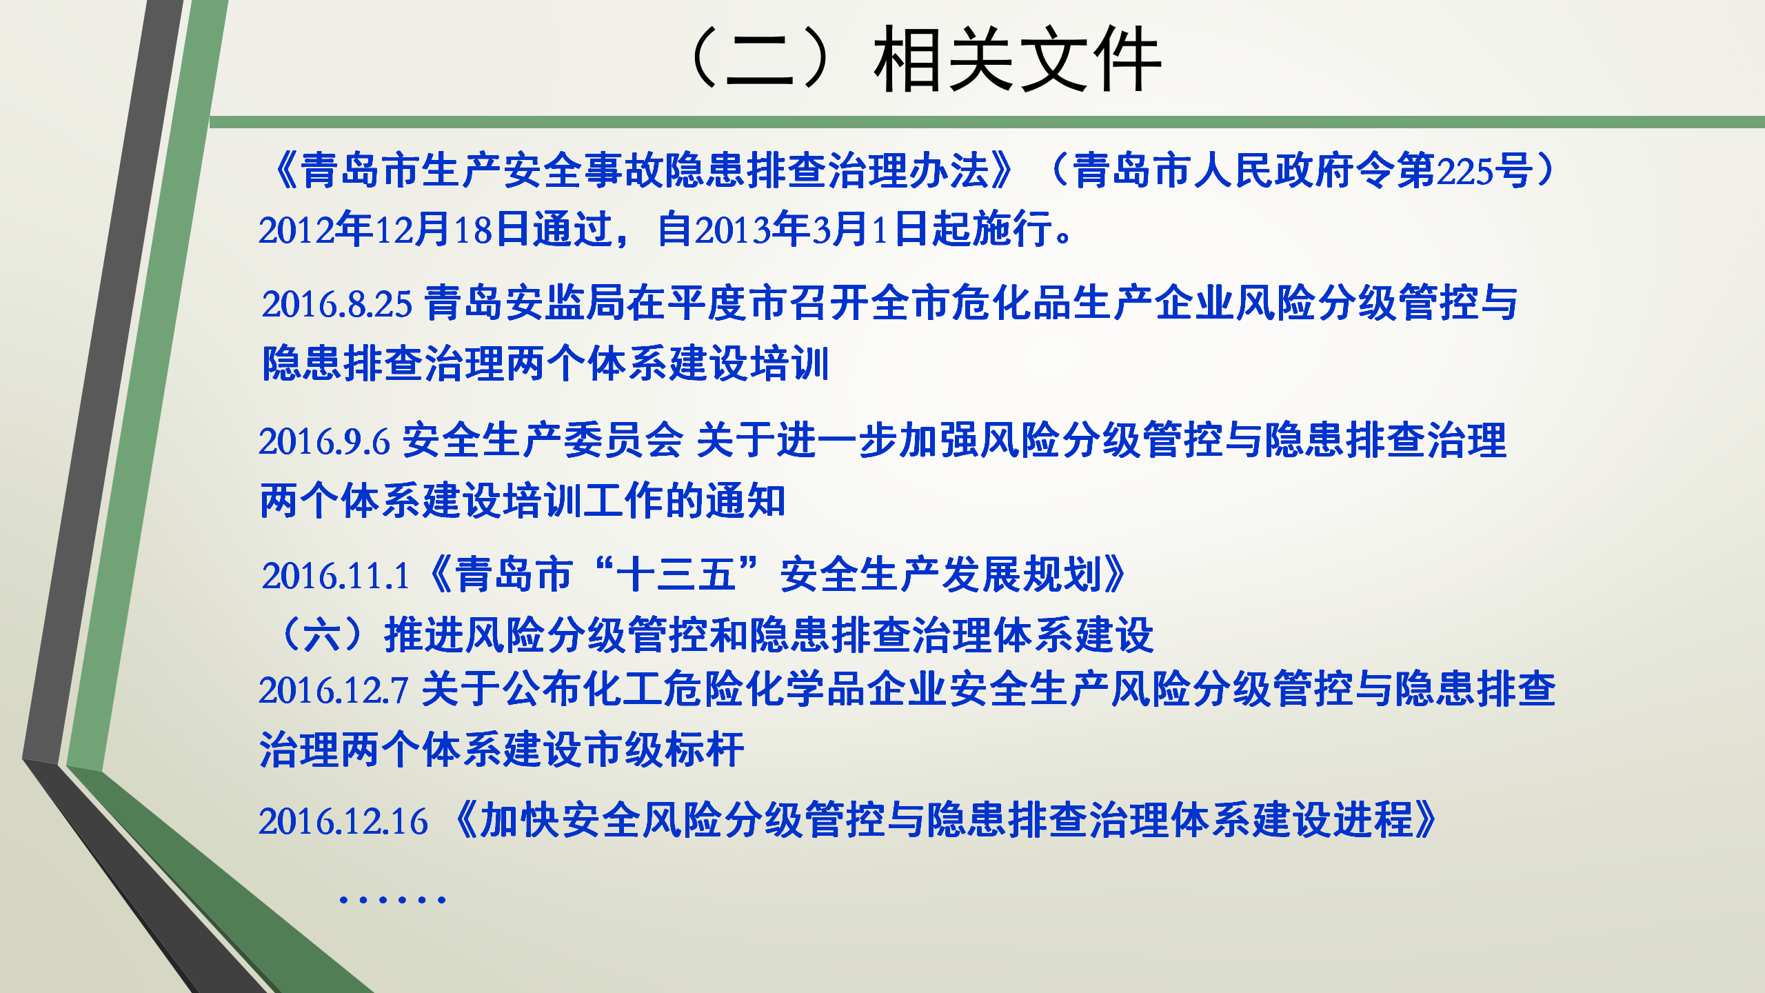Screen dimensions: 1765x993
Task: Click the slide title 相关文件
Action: [x=1018, y=59]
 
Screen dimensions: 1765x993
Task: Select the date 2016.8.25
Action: [x=336, y=304]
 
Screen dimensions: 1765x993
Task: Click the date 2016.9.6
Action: [x=324, y=441]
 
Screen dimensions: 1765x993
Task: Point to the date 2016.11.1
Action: [x=336, y=576]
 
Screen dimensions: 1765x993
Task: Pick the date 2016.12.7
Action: [x=334, y=690]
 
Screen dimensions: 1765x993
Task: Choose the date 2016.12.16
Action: [x=343, y=821]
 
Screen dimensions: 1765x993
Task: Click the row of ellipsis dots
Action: [x=392, y=899]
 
